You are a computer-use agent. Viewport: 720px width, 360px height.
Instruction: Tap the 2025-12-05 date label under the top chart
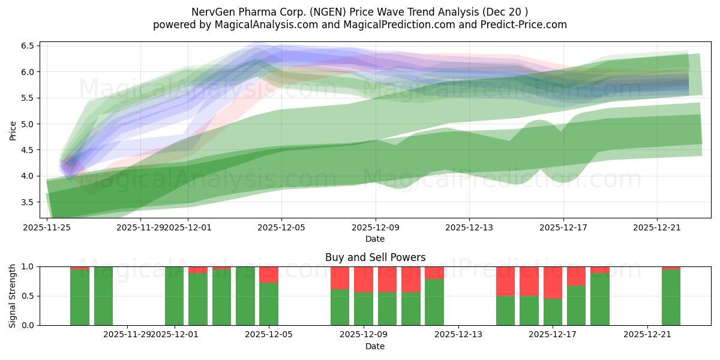pyautogui.click(x=281, y=227)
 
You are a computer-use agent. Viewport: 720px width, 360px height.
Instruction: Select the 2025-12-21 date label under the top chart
pyautogui.click(x=657, y=227)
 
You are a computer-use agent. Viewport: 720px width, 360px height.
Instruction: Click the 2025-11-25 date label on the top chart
pyautogui.click(x=47, y=227)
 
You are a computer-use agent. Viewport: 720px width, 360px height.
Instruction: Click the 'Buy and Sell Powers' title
pyautogui.click(x=375, y=257)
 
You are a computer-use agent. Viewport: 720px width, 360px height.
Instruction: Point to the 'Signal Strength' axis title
pyautogui.click(x=13, y=296)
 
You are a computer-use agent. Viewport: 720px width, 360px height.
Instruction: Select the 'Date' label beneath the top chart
pyautogui.click(x=375, y=239)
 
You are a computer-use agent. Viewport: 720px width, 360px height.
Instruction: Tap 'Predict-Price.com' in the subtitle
pyautogui.click(x=521, y=25)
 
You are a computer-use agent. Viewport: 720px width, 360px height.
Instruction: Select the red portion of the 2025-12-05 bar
pyautogui.click(x=269, y=274)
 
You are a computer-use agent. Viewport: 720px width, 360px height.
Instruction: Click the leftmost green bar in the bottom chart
pyautogui.click(x=80, y=297)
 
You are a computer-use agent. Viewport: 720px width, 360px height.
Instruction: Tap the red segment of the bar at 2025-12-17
pyautogui.click(x=553, y=282)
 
